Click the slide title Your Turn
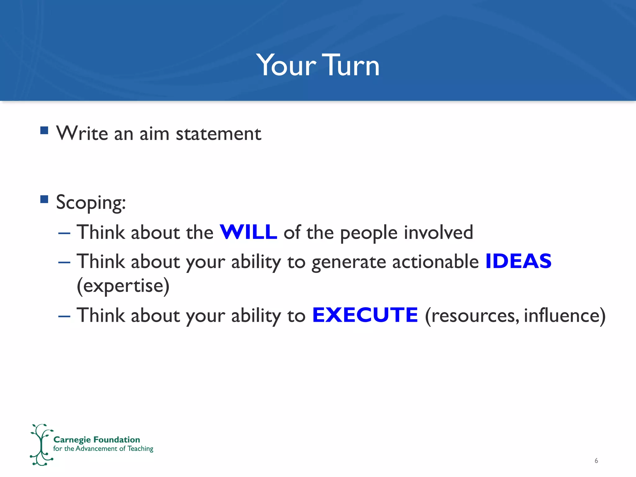point(318,65)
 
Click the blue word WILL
point(248,232)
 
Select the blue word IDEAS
point(518,261)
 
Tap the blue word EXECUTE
point(365,315)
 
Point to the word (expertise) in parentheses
point(123,286)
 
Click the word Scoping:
point(91,202)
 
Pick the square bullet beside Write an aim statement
point(44,130)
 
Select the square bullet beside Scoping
point(44,199)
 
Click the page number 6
point(596,461)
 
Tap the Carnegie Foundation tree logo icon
point(41,445)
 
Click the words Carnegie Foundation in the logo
point(97,439)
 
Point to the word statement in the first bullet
point(218,134)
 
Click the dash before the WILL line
point(64,233)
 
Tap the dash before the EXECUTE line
point(64,316)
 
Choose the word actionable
point(435,261)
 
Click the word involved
point(438,232)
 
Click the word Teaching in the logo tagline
point(140,449)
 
